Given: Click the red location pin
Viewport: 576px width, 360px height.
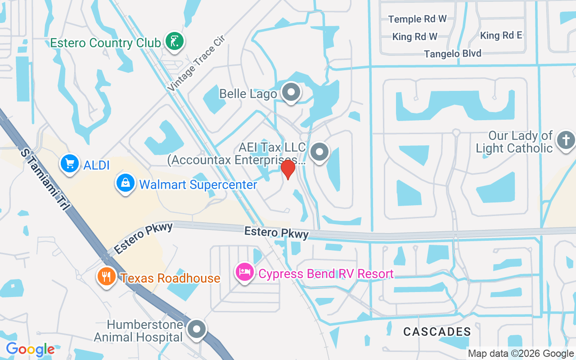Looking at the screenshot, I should coord(288,169).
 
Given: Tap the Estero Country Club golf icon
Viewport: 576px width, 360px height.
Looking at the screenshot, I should coord(174,42).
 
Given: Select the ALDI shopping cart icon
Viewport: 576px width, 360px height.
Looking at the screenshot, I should coord(70,164).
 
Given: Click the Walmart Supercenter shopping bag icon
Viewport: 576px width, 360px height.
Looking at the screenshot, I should coord(126,184).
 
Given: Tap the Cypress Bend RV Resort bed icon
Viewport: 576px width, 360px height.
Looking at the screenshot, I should coord(245,272).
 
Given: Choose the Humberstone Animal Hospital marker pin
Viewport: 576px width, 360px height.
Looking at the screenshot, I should coord(196,329).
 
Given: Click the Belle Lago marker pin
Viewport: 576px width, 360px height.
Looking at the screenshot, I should coord(291,92).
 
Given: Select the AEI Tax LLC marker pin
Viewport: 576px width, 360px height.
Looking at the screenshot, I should coord(319,152).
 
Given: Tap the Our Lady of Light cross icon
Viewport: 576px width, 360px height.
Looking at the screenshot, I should coord(565,140).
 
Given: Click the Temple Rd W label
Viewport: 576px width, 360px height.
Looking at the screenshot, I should coord(418,19).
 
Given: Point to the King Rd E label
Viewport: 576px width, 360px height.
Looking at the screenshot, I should coord(501,36).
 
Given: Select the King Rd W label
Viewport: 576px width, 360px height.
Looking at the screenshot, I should coord(414,36).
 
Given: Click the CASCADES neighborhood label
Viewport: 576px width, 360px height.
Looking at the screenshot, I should coord(437,332).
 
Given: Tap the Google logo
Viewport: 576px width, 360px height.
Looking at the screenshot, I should coord(30,349).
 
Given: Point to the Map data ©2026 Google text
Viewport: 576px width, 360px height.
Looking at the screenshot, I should coord(521,354).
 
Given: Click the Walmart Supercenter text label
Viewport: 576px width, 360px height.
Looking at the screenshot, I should coord(198,184).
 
